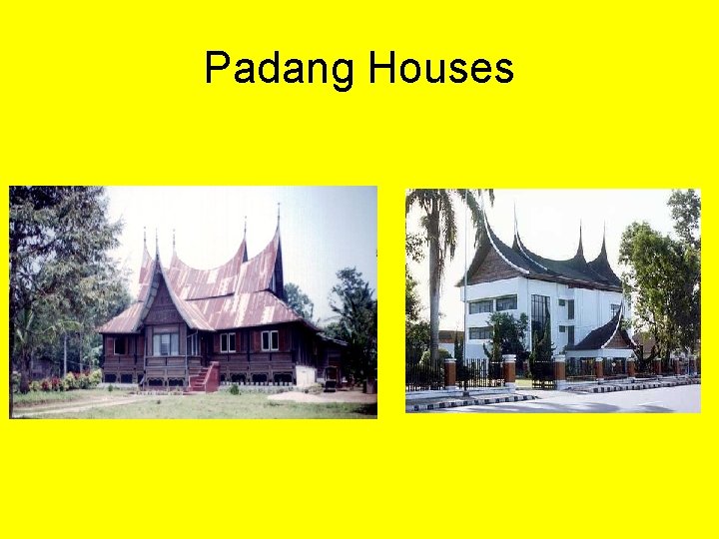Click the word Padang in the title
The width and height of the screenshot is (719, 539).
point(281,69)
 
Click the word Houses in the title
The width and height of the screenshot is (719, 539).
point(440,69)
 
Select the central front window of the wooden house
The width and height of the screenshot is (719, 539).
point(166,343)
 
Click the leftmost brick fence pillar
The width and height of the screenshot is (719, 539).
point(450,373)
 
